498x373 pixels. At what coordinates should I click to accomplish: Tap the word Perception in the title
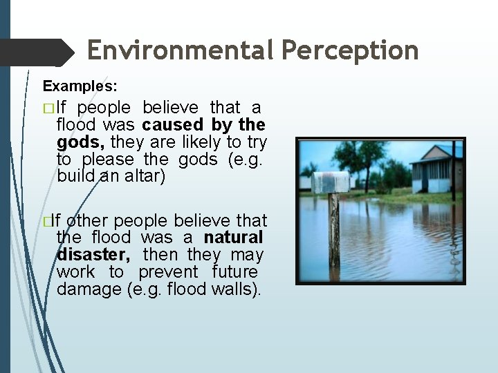(352, 50)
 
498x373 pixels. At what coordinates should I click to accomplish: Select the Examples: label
(80, 86)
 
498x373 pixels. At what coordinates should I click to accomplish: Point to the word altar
(144, 176)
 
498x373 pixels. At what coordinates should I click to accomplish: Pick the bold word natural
(233, 238)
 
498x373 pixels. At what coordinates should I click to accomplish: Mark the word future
(234, 272)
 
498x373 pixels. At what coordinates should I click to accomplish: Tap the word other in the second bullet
(88, 221)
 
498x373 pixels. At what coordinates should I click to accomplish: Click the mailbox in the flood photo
(330, 182)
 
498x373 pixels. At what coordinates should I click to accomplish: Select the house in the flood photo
(435, 169)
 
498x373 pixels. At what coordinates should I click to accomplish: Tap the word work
(75, 272)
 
